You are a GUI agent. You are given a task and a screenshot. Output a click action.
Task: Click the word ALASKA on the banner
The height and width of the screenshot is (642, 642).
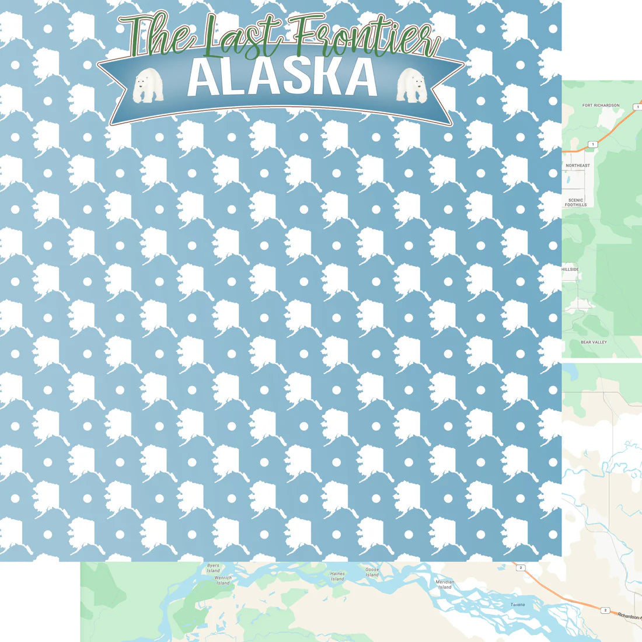click(x=282, y=78)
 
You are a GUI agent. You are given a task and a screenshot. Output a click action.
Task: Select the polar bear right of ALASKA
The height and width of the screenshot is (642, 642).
click(x=411, y=85)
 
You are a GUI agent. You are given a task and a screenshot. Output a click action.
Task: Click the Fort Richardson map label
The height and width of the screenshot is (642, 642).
click(x=601, y=106)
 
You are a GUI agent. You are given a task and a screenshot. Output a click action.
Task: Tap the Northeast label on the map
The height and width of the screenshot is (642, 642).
click(x=577, y=166)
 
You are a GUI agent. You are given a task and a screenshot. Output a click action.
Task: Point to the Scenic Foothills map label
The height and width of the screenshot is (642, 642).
click(x=575, y=203)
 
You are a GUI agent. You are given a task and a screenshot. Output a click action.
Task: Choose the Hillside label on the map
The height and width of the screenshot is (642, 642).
click(x=570, y=270)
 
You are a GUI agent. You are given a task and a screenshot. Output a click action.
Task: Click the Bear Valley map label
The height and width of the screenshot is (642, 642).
click(x=594, y=342)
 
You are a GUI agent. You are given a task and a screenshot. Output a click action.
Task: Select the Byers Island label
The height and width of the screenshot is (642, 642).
click(x=213, y=568)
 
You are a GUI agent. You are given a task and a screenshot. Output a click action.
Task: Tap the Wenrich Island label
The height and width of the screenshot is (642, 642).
click(x=223, y=580)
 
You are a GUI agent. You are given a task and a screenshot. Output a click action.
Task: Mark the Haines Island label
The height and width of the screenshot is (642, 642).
click(x=337, y=576)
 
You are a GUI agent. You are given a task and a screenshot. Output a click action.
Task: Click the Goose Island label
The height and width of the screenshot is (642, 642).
click(x=372, y=572)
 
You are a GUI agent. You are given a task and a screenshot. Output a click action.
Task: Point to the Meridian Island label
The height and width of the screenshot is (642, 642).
click(x=445, y=584)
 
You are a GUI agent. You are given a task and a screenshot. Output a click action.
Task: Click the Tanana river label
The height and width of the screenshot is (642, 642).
click(x=518, y=605)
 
